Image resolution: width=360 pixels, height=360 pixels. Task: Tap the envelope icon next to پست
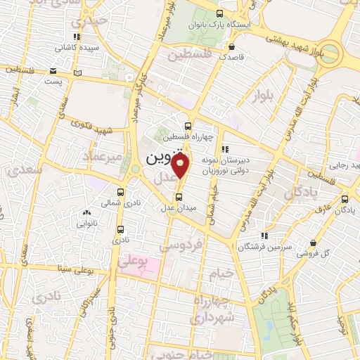point(53,70)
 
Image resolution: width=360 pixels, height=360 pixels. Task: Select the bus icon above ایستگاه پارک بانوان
point(220,13)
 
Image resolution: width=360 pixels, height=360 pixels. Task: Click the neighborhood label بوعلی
point(133,260)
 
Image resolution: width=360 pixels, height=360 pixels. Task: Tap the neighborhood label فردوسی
point(181,245)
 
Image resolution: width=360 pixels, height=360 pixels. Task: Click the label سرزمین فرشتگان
point(255,247)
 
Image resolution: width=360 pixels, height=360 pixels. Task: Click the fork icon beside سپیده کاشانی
point(76,38)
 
